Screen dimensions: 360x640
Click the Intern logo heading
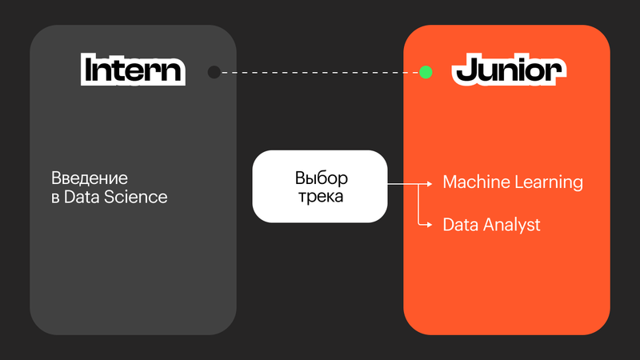point(134,70)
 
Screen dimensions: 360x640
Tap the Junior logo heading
point(505,70)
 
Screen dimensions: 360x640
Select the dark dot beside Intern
point(214,72)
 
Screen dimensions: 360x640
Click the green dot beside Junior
point(426,72)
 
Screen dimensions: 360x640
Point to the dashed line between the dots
point(320,72)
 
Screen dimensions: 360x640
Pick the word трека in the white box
point(320,196)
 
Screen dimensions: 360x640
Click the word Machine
point(474,182)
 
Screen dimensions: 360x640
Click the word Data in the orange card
point(461,226)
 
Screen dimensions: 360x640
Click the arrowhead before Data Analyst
point(431,226)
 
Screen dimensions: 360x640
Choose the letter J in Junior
point(463,70)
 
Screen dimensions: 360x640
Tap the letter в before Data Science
point(55,198)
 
